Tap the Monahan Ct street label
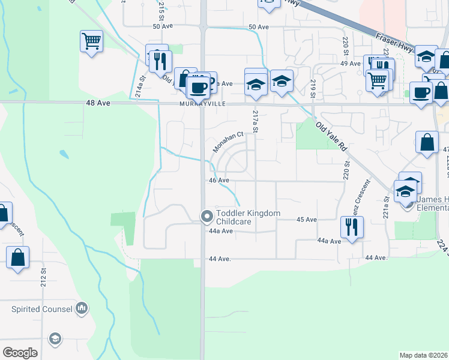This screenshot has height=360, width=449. click(x=228, y=142)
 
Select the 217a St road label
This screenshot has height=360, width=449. click(x=256, y=121)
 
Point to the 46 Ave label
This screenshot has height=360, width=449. click(x=219, y=180)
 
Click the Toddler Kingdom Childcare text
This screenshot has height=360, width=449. click(x=241, y=217)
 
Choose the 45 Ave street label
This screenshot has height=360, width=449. click(x=306, y=220)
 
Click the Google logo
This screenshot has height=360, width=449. click(x=20, y=352)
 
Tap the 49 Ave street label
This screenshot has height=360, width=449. click(x=350, y=63)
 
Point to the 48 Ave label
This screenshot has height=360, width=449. click(x=98, y=103)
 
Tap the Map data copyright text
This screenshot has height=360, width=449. click(x=423, y=355)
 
